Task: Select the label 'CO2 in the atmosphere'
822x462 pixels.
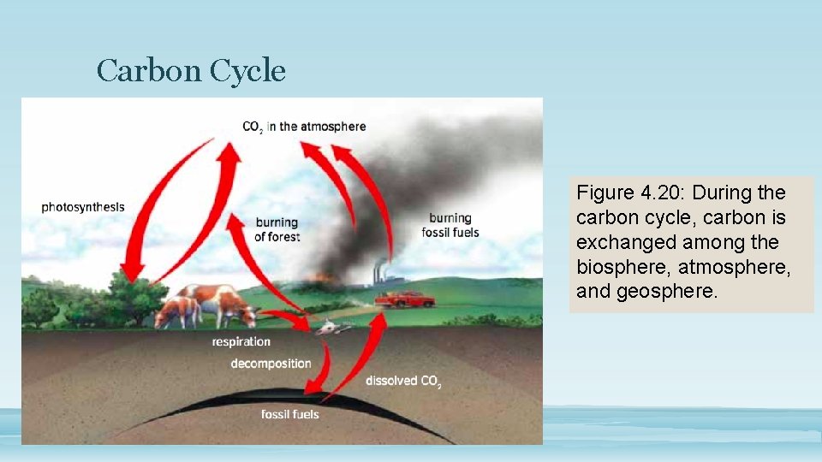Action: [x=304, y=127]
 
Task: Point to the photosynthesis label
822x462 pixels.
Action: [x=83, y=207]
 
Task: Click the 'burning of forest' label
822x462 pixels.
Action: [x=277, y=229]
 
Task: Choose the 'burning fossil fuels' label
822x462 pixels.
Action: [x=450, y=225]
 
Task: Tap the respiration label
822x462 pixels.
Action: [x=241, y=342]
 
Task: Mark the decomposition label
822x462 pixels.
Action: [x=271, y=364]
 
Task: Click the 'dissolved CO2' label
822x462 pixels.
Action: [x=403, y=382]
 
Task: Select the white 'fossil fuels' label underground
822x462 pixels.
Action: [x=289, y=415]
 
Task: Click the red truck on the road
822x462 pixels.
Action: [x=406, y=299]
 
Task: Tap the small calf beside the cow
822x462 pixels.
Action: [x=177, y=310]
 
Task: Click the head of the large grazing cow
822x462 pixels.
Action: [x=247, y=316]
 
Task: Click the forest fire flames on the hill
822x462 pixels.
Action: [x=323, y=277]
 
